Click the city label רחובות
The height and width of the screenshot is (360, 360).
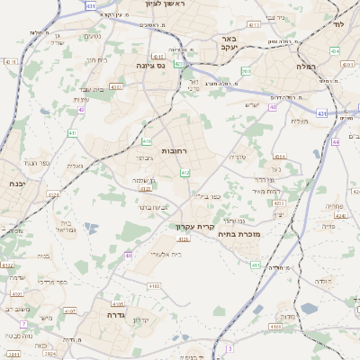tap(174, 151)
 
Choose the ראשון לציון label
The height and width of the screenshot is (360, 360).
tap(165, 4)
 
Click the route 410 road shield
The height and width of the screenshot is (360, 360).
tap(147, 141)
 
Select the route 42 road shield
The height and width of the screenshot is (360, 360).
tap(81, 109)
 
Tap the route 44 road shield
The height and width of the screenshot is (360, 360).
tap(336, 141)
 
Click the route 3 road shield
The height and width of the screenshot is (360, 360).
tap(229, 347)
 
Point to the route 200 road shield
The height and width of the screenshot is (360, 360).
tap(247, 71)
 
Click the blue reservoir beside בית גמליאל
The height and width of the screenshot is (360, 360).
tap(89, 229)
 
